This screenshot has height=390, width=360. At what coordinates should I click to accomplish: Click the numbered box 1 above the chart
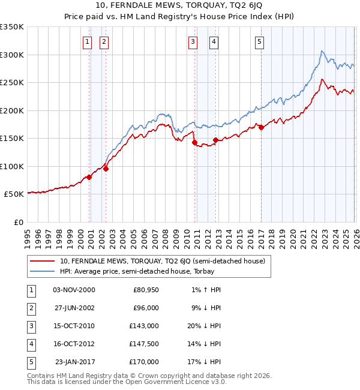88,41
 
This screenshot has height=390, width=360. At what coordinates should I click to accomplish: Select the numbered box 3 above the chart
193,41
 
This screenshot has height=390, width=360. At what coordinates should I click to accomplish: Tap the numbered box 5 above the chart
259,41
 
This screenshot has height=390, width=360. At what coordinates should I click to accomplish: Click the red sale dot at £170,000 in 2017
261,127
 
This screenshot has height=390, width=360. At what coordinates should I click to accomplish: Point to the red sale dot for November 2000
89,177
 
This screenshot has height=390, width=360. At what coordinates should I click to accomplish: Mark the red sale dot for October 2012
215,140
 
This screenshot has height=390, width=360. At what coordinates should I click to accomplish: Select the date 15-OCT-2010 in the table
74,326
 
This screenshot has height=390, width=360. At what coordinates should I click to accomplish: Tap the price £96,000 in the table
146,308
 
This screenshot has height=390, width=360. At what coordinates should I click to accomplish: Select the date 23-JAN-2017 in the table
74,362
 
